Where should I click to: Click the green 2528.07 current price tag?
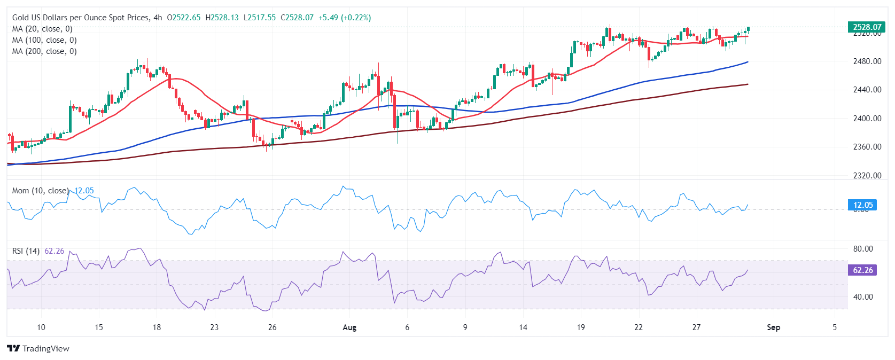tap(867, 27)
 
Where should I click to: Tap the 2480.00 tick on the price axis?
tap(867, 61)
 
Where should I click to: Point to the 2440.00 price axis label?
tap(867, 90)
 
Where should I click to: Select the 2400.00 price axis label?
tap(867, 119)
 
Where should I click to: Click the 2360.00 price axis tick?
tap(867, 147)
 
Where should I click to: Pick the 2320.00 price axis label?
tap(867, 176)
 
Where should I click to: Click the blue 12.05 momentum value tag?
tap(862, 205)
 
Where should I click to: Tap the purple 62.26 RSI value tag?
tap(862, 270)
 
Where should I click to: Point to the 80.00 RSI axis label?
tap(863, 249)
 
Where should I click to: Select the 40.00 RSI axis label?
tap(863, 297)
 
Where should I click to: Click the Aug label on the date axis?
tap(349, 327)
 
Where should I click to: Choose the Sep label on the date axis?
tap(773, 327)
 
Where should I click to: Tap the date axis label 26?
tap(272, 327)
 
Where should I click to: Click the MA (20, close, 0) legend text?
tap(42, 29)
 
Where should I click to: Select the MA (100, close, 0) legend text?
tap(44, 40)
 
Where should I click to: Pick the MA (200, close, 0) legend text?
tap(44, 51)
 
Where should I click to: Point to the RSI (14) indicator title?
tap(26, 251)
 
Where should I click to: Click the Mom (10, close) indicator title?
tap(40, 191)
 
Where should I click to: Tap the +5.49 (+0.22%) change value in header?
tap(344, 18)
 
